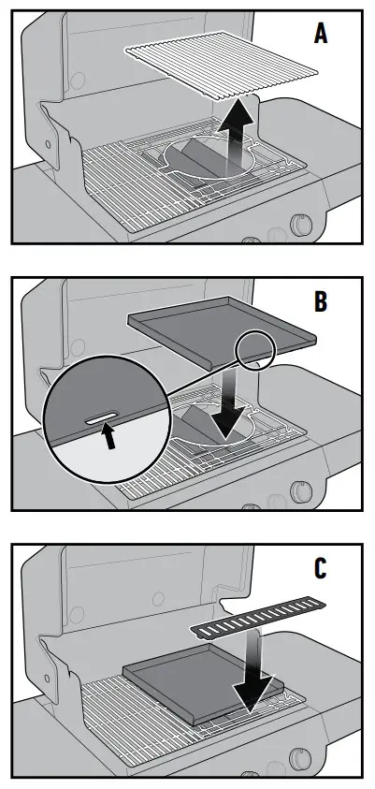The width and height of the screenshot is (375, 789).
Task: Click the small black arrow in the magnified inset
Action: coord(111,437)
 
